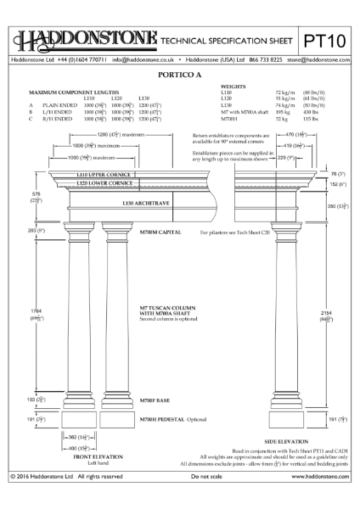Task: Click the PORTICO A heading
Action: click(180, 75)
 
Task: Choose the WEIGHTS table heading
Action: click(233, 86)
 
